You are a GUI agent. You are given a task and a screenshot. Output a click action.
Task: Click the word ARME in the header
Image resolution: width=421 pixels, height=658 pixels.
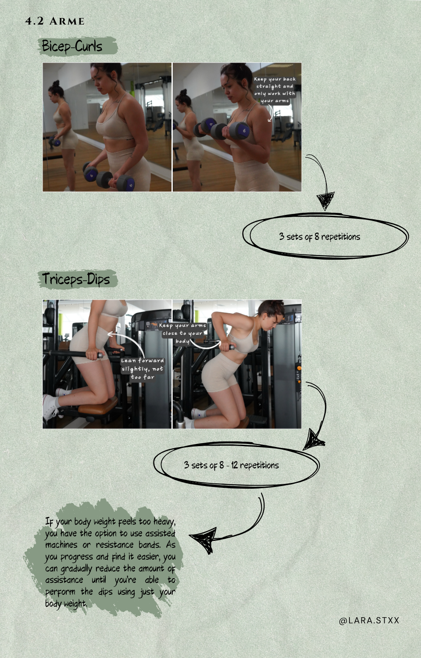(x=67, y=21)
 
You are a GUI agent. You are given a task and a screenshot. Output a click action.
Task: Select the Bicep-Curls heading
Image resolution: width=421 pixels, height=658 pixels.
(x=72, y=46)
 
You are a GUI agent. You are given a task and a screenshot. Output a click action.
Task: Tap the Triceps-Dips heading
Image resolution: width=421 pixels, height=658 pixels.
(x=76, y=279)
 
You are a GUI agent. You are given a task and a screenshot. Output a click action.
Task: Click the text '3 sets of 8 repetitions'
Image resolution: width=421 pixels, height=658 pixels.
(x=319, y=237)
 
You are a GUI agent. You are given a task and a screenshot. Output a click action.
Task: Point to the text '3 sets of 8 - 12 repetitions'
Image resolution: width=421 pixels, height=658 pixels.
(x=231, y=465)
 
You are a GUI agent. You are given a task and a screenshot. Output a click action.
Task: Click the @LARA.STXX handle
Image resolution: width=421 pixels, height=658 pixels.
(x=369, y=620)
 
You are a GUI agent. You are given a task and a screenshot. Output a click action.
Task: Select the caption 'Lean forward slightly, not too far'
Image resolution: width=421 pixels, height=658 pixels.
(x=143, y=368)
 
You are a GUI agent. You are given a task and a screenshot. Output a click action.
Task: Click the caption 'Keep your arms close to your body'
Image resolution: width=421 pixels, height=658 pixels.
(x=182, y=333)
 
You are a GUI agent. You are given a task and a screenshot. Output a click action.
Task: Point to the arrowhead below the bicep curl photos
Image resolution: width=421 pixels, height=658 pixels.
(x=325, y=201)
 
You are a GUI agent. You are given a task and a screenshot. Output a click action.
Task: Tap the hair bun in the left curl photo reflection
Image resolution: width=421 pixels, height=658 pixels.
(x=56, y=83)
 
